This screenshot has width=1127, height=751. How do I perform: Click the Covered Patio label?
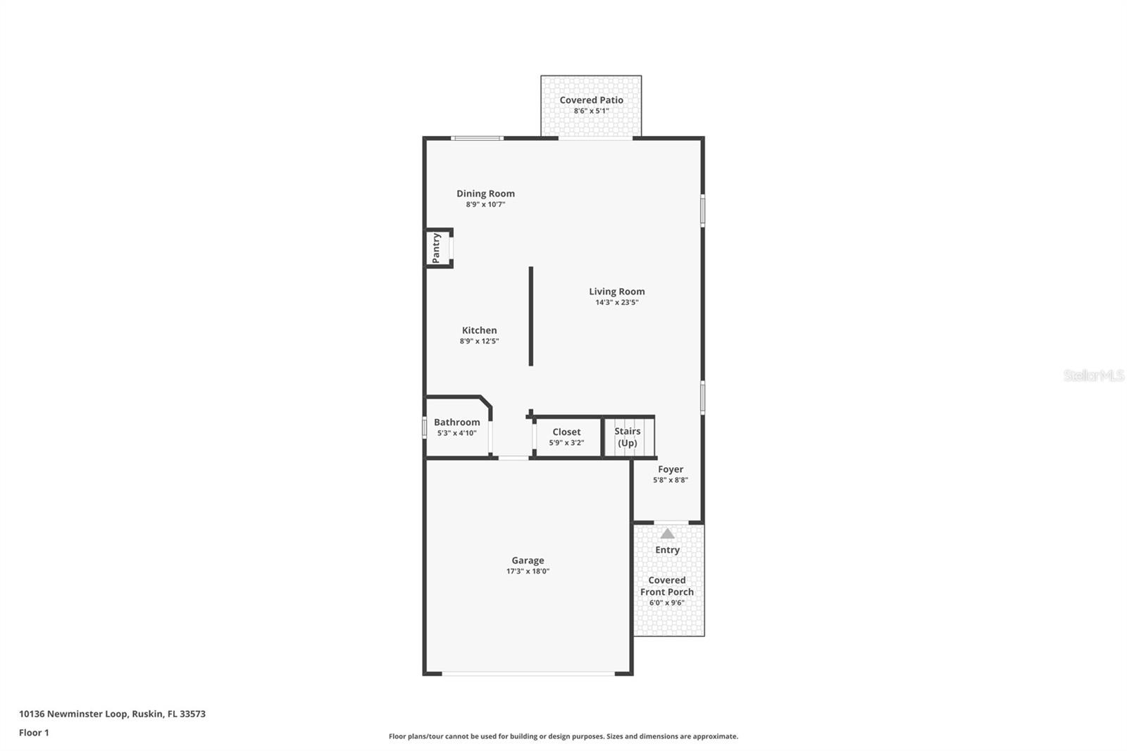(x=591, y=100)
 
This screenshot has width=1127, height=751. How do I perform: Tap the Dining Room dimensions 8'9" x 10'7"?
(x=485, y=205)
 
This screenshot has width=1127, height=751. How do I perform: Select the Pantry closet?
(x=437, y=248)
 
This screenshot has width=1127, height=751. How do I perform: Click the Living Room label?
(x=616, y=291)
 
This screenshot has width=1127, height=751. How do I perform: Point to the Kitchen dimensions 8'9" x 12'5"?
(x=479, y=341)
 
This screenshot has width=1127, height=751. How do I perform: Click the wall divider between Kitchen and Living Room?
(x=531, y=316)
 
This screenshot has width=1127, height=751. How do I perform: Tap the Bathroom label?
(x=456, y=422)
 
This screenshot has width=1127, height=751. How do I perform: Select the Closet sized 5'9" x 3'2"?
(x=566, y=437)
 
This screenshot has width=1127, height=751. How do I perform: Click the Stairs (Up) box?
(x=628, y=437)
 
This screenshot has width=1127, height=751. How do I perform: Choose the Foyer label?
(x=671, y=469)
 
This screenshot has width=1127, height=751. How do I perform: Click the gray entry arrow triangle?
(x=667, y=534)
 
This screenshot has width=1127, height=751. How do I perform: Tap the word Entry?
(x=667, y=550)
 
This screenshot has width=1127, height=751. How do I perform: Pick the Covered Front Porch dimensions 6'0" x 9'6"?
(x=666, y=603)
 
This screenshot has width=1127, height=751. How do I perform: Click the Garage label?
(x=528, y=561)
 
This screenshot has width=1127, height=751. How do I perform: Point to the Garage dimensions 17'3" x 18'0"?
(x=528, y=571)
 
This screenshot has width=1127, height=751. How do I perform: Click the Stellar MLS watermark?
(x=1093, y=375)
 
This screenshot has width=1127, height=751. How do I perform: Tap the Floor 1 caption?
(x=34, y=733)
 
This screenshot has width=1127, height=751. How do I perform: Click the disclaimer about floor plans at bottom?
(x=563, y=736)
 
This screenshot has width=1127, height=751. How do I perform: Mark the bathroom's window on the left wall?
(x=425, y=428)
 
